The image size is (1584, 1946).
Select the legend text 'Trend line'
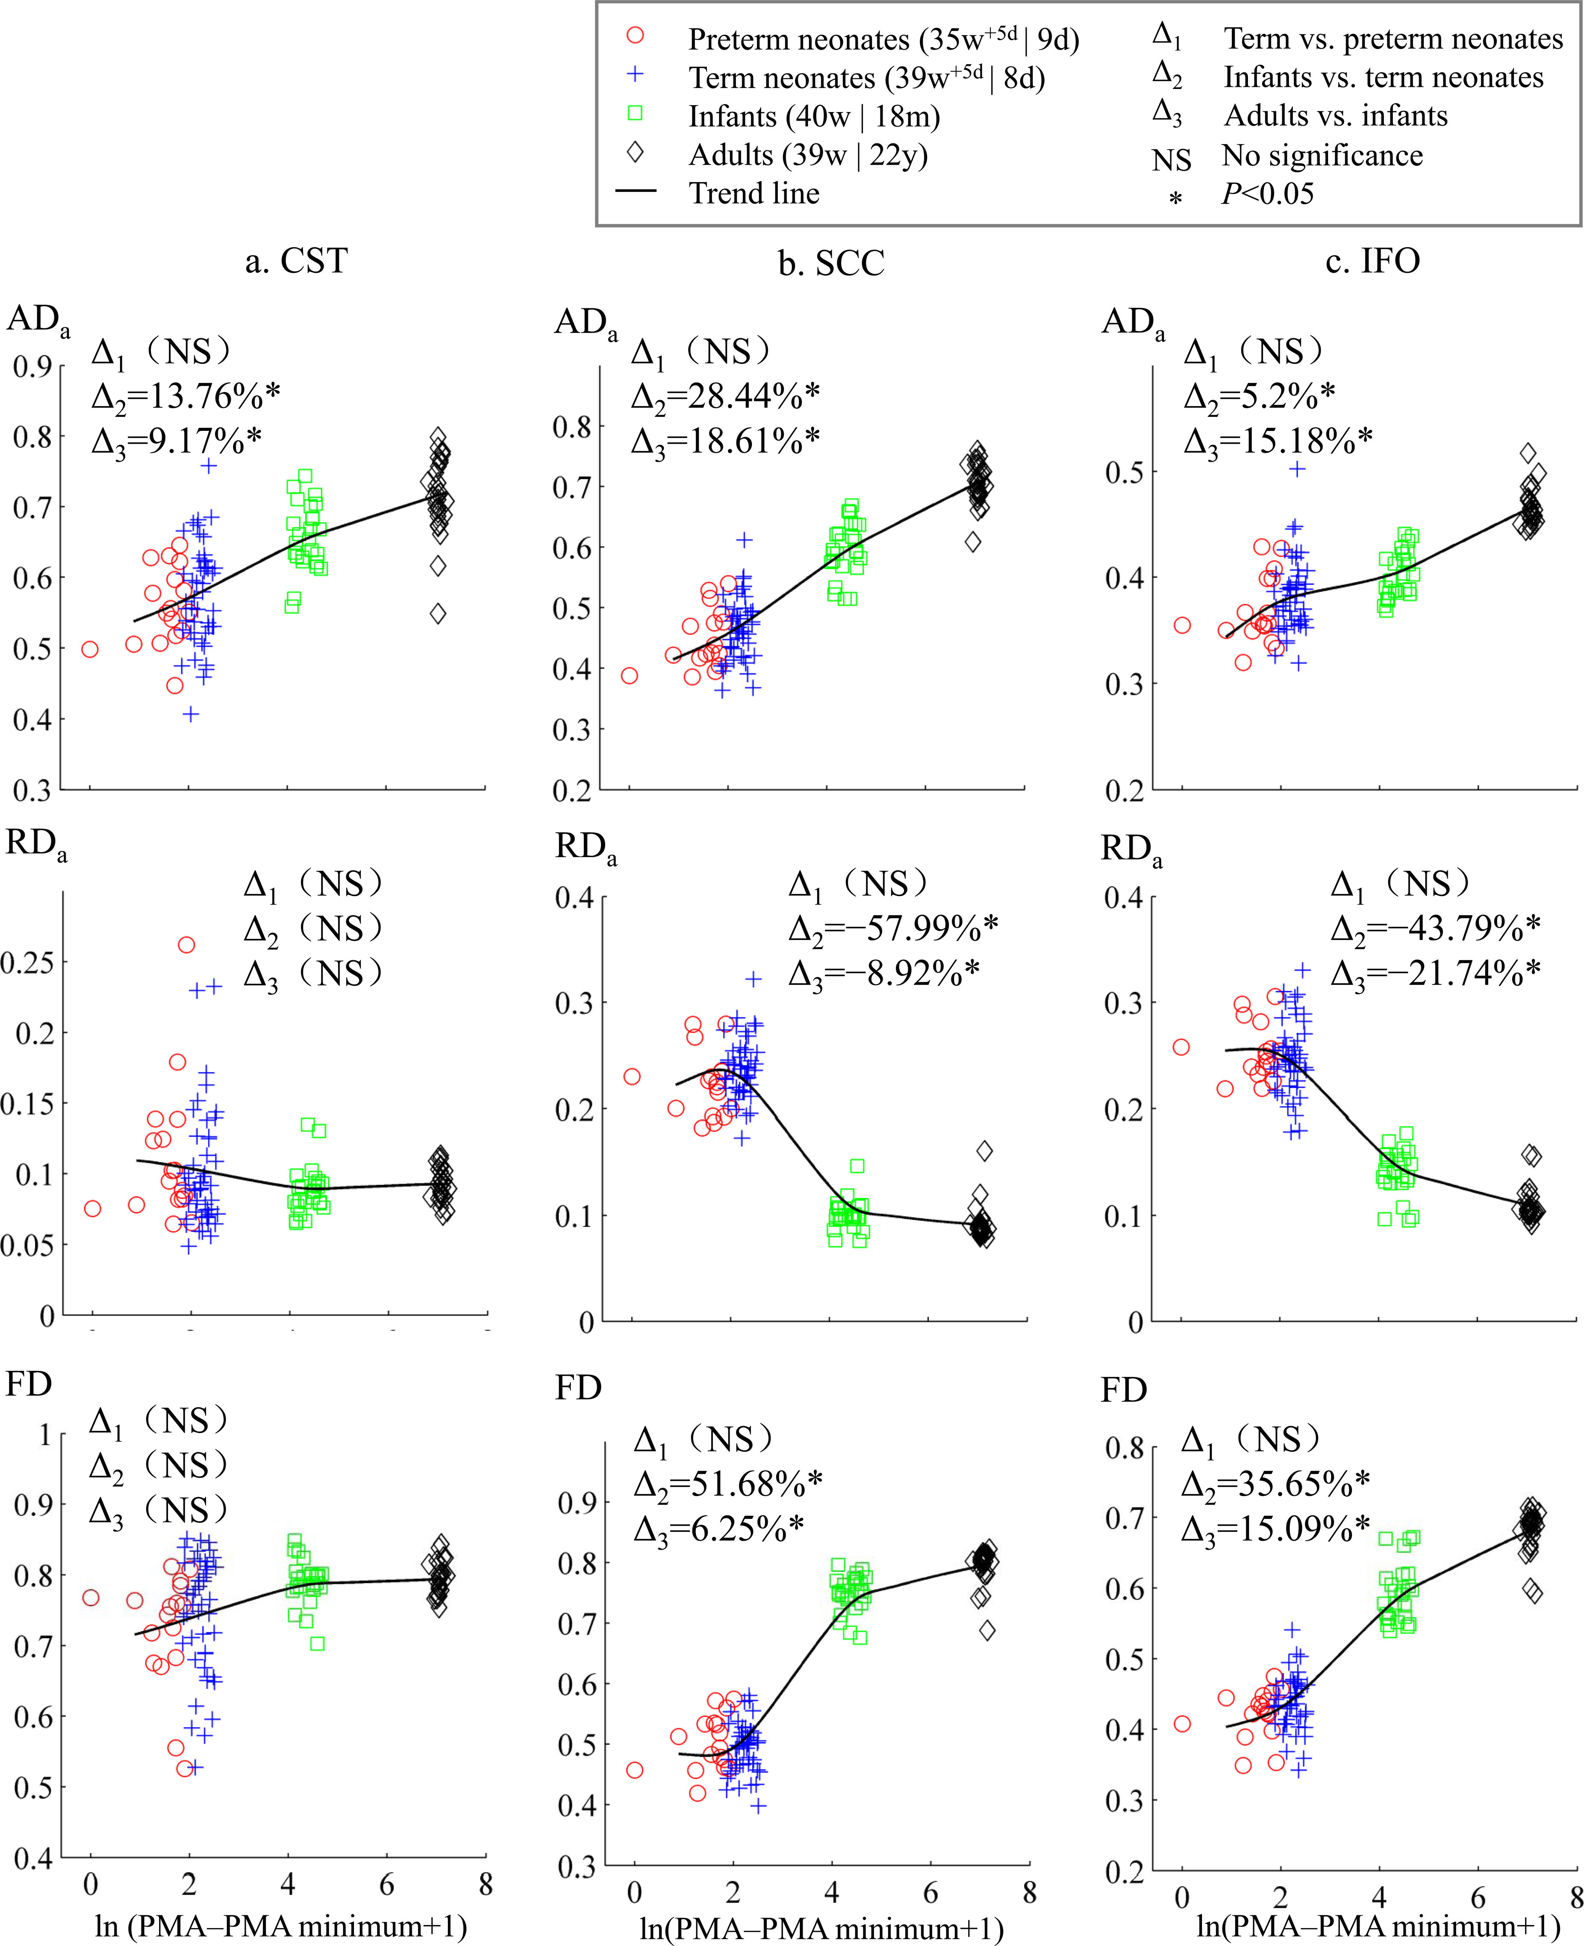tap(754, 194)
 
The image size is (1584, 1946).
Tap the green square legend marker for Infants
tap(635, 113)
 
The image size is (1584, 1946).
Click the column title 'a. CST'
tap(297, 261)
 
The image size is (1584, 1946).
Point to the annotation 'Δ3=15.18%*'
tap(1278, 441)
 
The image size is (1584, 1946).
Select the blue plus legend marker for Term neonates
tap(635, 75)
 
